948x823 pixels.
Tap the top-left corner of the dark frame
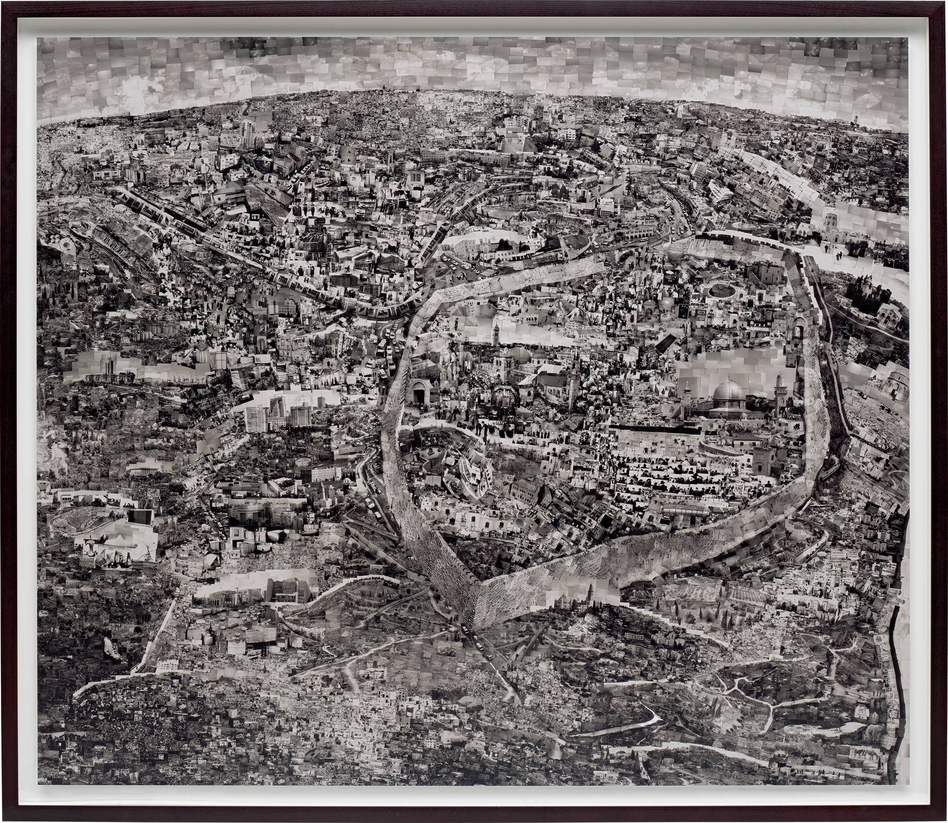[3, 3]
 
